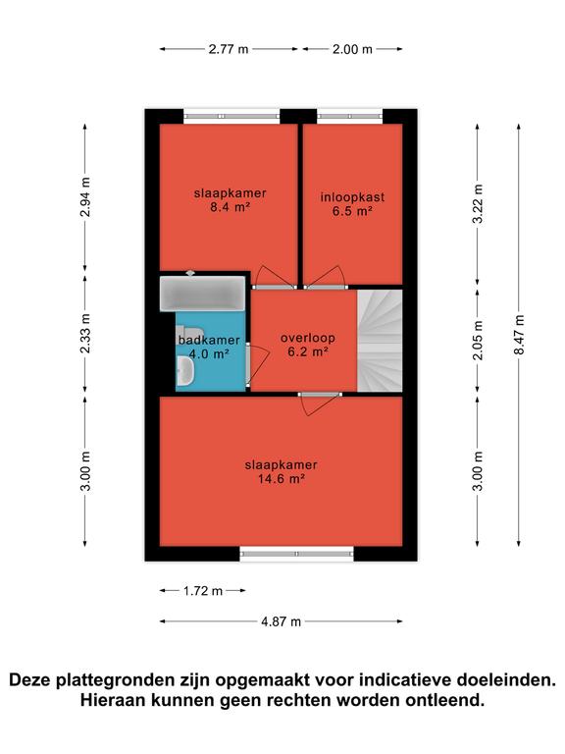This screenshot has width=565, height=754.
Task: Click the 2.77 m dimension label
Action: point(229,49)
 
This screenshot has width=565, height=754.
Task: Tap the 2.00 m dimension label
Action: point(352,49)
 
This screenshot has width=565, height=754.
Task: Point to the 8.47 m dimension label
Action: point(519,335)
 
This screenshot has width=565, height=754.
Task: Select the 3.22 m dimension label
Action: point(478,204)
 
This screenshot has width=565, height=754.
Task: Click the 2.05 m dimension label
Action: point(478,340)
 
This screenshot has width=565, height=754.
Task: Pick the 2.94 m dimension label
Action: point(85,197)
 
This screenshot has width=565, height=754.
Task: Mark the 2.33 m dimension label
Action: point(85,333)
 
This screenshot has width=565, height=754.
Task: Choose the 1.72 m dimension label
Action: point(203,590)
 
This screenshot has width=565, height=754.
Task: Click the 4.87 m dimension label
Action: point(282,621)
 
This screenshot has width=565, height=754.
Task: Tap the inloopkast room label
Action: point(353,197)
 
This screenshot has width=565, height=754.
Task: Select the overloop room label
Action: point(307,338)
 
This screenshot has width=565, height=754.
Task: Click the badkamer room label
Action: point(209,341)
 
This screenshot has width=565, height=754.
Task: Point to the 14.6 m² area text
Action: point(282,479)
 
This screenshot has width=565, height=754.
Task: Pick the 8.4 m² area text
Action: point(231,207)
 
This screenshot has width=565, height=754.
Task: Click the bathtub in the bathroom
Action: point(203,293)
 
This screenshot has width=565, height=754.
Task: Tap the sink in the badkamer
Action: point(185,371)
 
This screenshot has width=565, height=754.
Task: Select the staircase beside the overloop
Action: point(380,341)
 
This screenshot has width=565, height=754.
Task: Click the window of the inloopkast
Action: point(350,116)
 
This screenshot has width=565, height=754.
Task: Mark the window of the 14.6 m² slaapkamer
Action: point(297,554)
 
